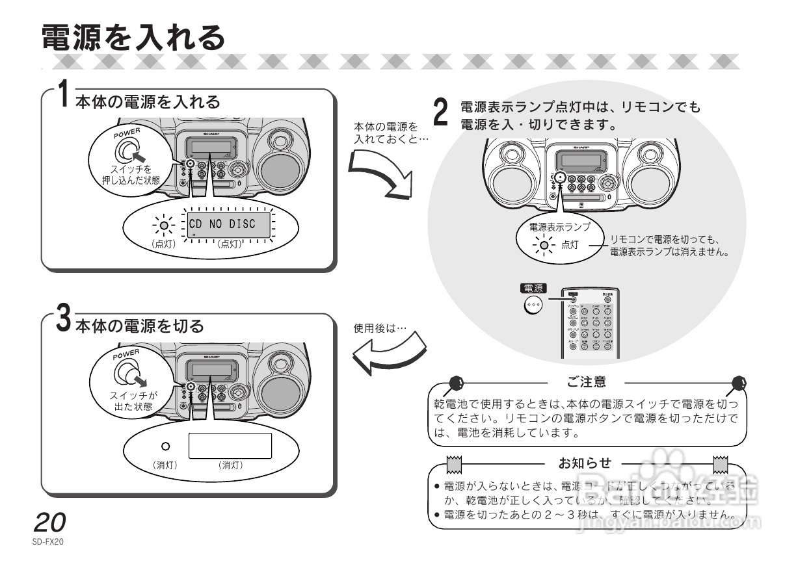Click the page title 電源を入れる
pyautogui.click(x=133, y=37)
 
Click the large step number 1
pyautogui.click(x=62, y=94)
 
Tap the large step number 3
pyautogui.click(x=63, y=318)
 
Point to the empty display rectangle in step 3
pyautogui.click(x=230, y=445)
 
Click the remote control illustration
pyautogui.click(x=590, y=323)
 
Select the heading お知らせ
pyautogui.click(x=585, y=463)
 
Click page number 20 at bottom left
pyautogui.click(x=49, y=523)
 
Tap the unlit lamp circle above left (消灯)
pyautogui.click(x=165, y=446)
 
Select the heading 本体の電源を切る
pyautogui.click(x=140, y=325)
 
